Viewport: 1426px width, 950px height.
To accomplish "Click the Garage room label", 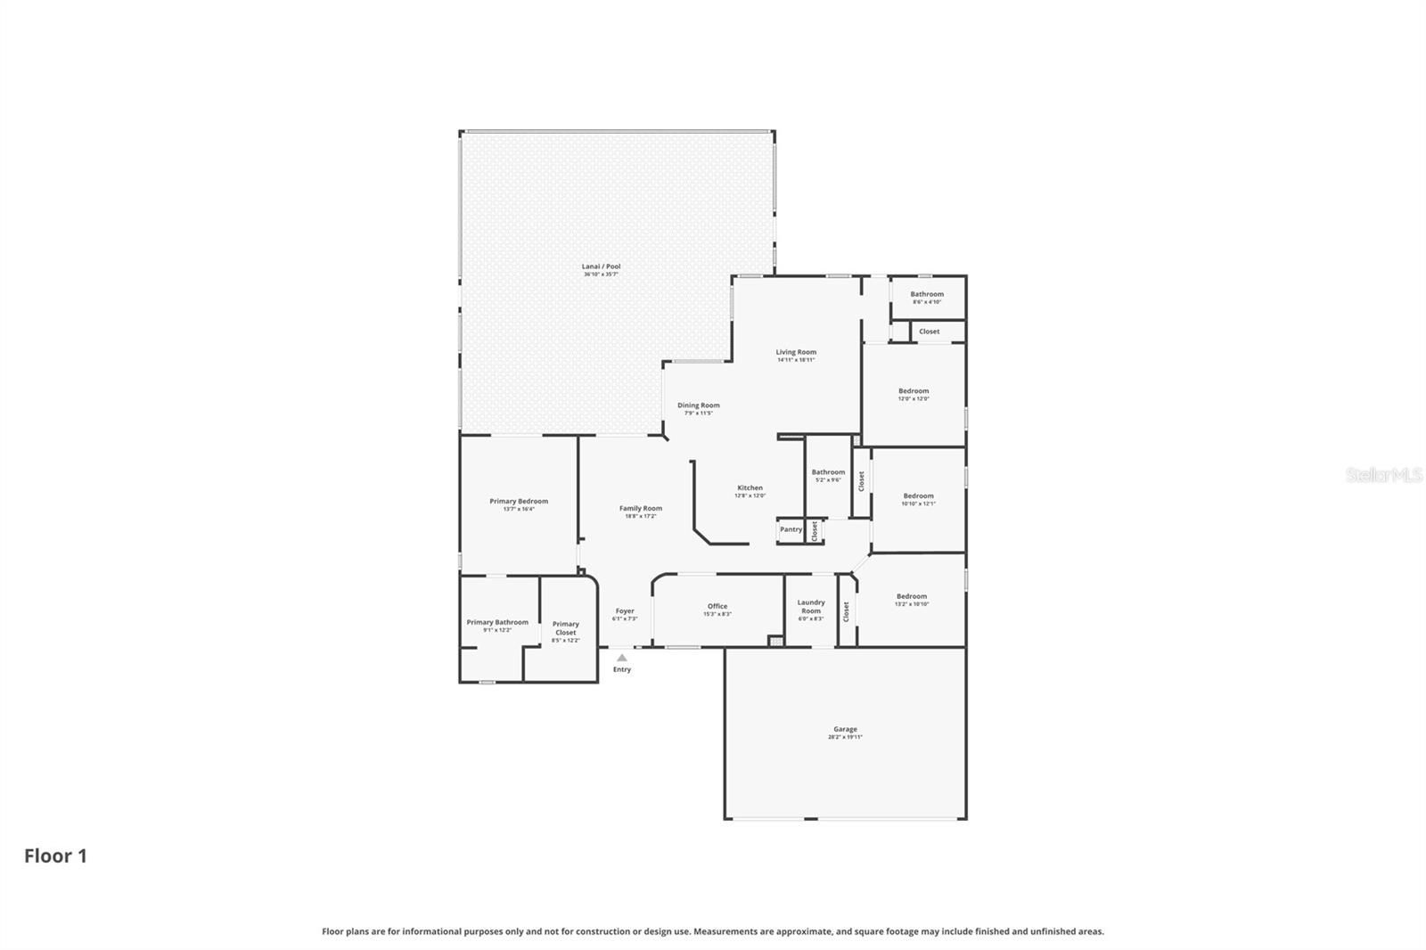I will [x=845, y=729].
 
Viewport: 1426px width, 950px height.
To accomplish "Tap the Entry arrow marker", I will [x=622, y=658].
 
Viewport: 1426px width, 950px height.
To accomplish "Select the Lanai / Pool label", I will [x=601, y=266].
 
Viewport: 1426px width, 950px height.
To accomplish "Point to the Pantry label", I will [x=791, y=529].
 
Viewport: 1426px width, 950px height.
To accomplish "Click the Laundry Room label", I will [x=810, y=607].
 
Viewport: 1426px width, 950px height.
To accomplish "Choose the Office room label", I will [x=717, y=606].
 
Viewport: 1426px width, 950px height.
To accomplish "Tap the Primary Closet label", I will [x=565, y=628].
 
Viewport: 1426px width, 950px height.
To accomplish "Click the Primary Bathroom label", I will [x=497, y=622].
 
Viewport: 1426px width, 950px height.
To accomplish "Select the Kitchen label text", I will [x=750, y=487].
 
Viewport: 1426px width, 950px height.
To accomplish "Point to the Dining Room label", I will [x=698, y=405].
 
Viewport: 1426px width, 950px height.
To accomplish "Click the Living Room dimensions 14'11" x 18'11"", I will [x=795, y=360].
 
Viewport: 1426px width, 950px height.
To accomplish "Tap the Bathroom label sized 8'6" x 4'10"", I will [x=927, y=294].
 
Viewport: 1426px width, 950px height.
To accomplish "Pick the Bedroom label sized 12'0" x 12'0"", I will [x=914, y=391].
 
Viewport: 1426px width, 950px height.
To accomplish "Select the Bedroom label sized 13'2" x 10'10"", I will [x=912, y=596].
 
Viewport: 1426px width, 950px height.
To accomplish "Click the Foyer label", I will [x=625, y=611].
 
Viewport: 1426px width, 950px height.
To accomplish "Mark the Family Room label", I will [x=641, y=508].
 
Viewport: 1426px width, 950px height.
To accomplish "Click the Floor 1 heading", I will [x=55, y=856].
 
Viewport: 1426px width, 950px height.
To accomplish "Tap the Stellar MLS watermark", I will [x=1383, y=476].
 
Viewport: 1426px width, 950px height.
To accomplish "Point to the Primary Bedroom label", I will [x=519, y=501].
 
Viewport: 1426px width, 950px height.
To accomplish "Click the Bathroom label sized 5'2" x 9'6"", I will [x=828, y=472].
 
